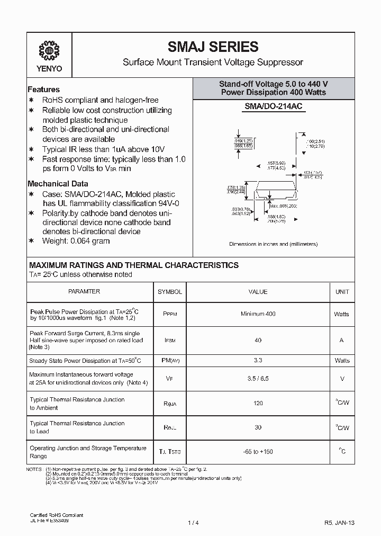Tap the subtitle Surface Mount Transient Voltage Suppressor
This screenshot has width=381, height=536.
coord(213,62)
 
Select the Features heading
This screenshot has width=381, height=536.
coord(43,90)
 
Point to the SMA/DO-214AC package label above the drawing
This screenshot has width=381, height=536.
coord(273,106)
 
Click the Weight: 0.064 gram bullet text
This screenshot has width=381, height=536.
coord(76,241)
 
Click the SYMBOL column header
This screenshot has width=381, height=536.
coord(169,292)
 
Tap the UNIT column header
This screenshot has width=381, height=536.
coord(342,292)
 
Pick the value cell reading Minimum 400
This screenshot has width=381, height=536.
coord(258,314)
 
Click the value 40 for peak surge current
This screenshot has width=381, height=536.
coord(258,341)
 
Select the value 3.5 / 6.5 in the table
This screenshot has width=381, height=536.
coord(258,379)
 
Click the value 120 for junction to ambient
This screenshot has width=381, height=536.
coord(258,404)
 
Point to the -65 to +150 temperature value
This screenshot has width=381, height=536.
coord(258,452)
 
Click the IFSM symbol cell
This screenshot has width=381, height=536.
coord(169,341)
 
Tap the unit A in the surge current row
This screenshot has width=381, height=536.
coord(342,341)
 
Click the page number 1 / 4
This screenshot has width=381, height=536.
coord(192,523)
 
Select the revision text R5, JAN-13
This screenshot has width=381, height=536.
coord(339,523)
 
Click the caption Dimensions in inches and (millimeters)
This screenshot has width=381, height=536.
coord(273,244)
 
